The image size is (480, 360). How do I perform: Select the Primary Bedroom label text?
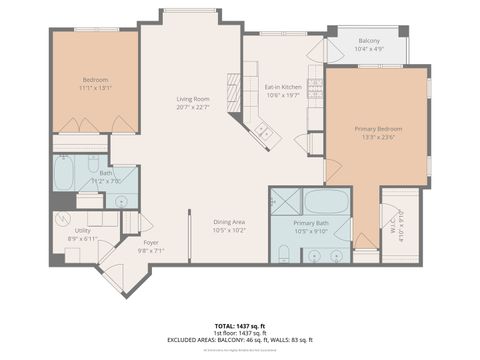coord(376,129)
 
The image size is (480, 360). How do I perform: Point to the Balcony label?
coord(367,41)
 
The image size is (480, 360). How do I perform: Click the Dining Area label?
coord(229,222)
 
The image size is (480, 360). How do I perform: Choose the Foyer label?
coord(150,242)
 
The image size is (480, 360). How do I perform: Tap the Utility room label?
coord(82,230)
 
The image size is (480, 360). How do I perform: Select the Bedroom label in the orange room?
coord(96,80)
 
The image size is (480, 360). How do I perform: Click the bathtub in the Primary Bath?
coord(326,200)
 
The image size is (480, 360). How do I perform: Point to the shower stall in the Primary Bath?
coord(285,200)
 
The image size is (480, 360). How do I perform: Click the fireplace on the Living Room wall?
coord(233,91)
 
